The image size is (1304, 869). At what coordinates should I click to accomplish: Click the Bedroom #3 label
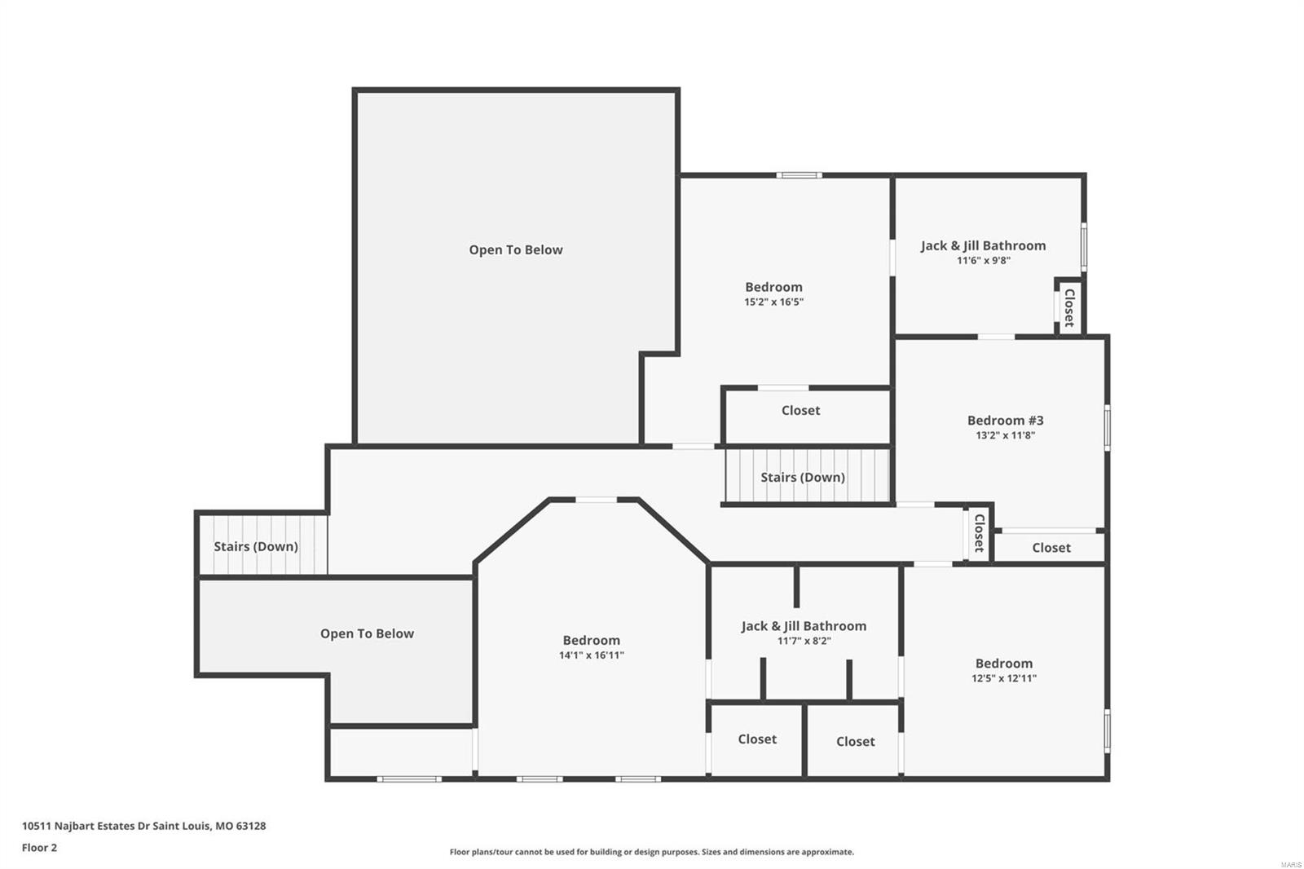[x=1005, y=421]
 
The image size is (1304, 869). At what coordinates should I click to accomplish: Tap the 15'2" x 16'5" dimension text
[x=773, y=302]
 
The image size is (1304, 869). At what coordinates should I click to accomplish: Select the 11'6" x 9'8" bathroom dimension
[x=983, y=261]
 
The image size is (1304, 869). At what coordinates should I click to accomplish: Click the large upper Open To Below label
[x=515, y=250]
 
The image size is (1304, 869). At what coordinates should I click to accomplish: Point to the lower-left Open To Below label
[x=367, y=633]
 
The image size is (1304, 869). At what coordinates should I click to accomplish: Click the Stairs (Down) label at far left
[x=256, y=546]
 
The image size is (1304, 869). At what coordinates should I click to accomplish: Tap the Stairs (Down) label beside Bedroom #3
[x=802, y=477]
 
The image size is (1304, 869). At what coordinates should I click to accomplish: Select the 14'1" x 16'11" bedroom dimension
[x=591, y=655]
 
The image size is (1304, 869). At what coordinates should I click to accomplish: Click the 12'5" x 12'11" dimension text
[x=1003, y=678]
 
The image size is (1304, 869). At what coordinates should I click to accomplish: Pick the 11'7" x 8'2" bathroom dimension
[x=804, y=641]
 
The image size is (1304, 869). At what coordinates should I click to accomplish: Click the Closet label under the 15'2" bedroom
[x=800, y=410]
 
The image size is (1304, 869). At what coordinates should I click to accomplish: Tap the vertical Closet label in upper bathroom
[x=1069, y=307]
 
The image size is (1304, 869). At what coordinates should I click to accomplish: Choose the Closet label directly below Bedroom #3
[x=1051, y=548]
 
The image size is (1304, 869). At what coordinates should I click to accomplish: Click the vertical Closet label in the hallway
[x=979, y=533]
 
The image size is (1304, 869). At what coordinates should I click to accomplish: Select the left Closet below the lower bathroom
[x=757, y=739]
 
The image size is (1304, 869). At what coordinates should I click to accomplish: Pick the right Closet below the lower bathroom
[x=855, y=742]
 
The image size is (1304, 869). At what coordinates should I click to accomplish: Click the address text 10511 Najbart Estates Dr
[x=143, y=826]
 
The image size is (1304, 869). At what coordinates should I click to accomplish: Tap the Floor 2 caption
[x=39, y=848]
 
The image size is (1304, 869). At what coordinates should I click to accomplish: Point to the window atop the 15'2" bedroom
[x=799, y=174]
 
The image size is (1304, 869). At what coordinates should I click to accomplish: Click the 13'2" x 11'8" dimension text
[x=1005, y=435]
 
